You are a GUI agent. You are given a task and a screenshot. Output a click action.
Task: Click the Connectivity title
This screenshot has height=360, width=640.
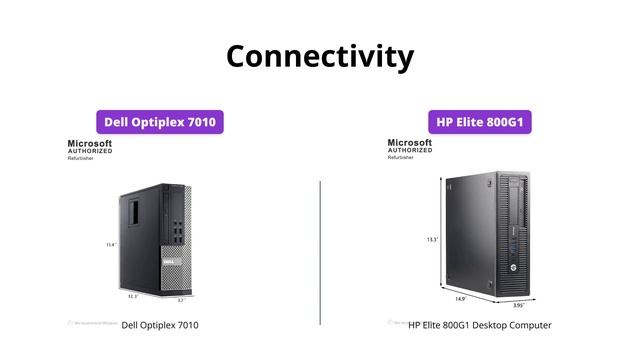click(319, 55)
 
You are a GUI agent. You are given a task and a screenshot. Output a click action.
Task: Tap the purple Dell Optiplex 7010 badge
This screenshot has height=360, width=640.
click(159, 122)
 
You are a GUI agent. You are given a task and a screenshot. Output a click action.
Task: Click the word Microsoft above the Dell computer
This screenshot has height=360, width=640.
click(90, 144)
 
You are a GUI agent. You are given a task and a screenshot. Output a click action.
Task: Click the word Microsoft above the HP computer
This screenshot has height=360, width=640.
click(410, 144)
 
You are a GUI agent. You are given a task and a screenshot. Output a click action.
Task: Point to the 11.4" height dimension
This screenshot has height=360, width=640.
click(111, 244)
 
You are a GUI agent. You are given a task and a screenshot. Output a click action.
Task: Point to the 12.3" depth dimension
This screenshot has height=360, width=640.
click(132, 296)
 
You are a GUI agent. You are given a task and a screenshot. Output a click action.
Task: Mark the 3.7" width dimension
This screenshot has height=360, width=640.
click(181, 299)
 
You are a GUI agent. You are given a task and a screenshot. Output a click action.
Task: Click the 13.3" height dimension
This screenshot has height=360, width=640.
click(432, 239)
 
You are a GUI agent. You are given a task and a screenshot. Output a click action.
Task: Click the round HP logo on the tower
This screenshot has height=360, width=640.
click(512, 270)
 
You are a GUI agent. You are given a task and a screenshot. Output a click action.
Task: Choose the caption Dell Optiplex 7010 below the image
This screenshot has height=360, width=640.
click(160, 325)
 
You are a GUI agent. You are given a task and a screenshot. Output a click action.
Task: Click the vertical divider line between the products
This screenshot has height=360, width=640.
click(320, 250)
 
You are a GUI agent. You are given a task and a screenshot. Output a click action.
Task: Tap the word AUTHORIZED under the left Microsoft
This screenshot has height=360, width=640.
click(89, 152)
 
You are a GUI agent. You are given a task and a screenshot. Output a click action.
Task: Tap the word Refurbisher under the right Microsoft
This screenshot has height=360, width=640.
click(402, 159)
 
